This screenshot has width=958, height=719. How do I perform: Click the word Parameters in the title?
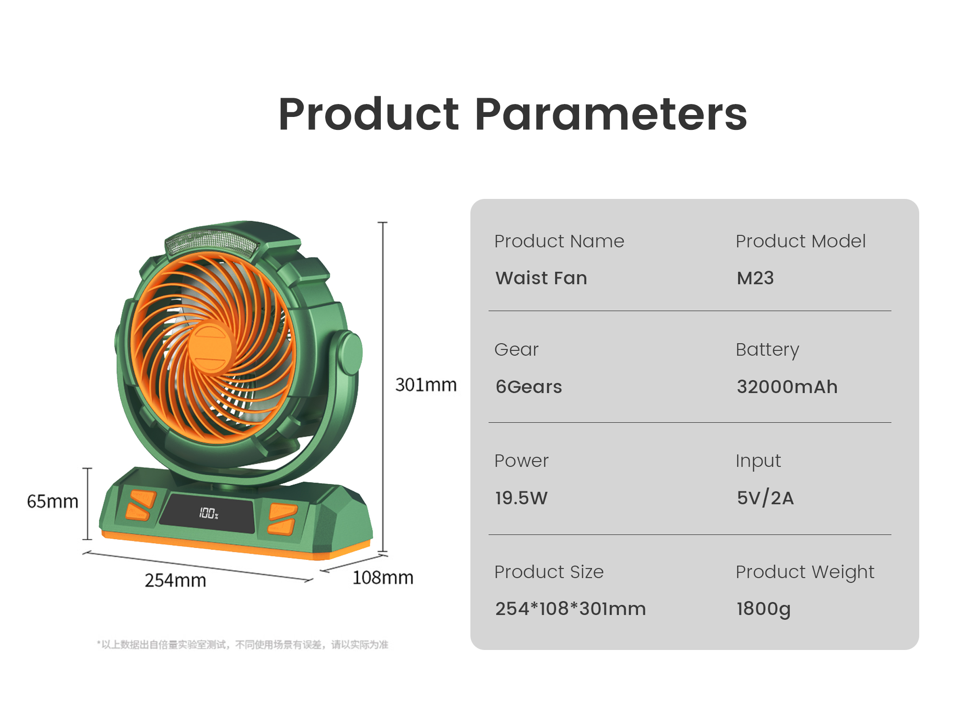[x=611, y=115]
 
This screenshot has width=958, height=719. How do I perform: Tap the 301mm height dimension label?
[x=426, y=384]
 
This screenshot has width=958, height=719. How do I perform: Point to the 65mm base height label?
[x=53, y=501]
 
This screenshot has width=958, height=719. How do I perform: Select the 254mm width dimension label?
[x=175, y=580]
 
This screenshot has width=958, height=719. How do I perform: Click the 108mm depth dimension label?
[x=383, y=578]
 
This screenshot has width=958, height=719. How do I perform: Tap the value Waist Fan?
[x=541, y=278]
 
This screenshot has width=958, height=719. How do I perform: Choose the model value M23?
[x=755, y=278]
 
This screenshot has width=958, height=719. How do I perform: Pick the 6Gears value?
[x=529, y=386]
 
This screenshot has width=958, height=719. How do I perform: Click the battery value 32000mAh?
[x=787, y=386]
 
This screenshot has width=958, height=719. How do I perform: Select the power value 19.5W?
[x=521, y=498]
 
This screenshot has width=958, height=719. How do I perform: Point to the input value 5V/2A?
[x=765, y=498]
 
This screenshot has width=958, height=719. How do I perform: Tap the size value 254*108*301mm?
[x=570, y=609]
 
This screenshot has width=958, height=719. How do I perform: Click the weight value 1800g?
[x=764, y=609]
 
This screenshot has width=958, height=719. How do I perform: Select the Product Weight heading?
[x=805, y=572]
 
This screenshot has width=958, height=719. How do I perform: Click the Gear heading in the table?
[x=516, y=349]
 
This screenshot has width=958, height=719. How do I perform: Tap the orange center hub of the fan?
[x=210, y=347]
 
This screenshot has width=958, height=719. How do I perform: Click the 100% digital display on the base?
[x=208, y=513]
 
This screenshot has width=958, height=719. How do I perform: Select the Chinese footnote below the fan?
[x=242, y=645]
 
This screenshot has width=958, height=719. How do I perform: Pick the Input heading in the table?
[x=758, y=461]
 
